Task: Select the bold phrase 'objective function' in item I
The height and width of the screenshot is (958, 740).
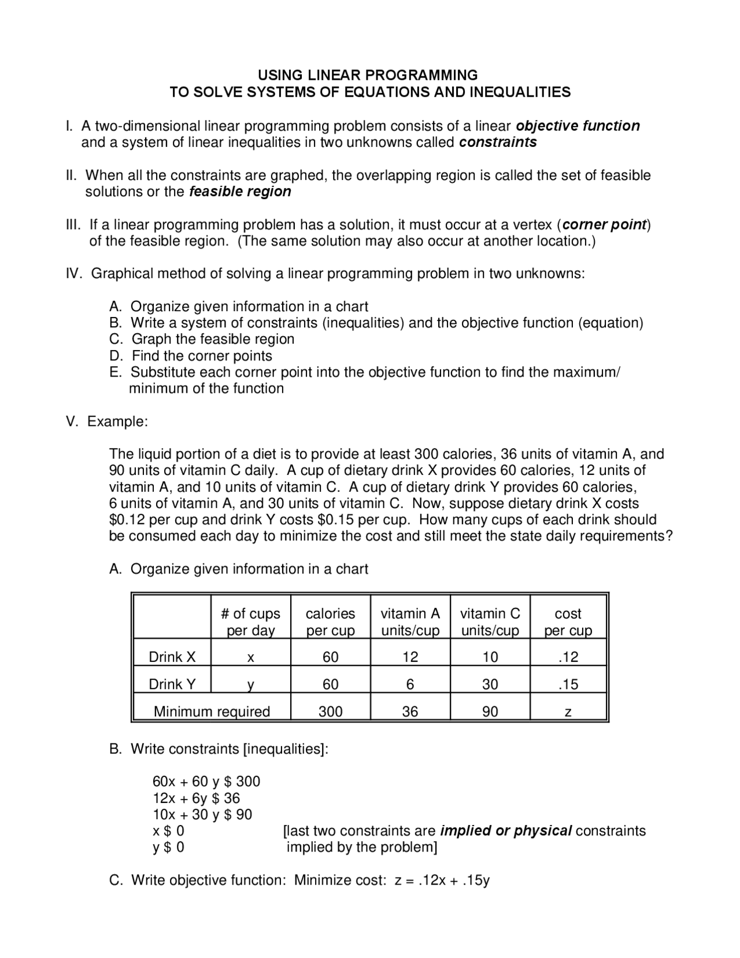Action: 578,126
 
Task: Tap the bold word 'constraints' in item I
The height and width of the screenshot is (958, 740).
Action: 498,142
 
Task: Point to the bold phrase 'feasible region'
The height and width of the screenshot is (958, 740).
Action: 240,191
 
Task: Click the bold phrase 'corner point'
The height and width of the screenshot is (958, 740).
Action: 604,224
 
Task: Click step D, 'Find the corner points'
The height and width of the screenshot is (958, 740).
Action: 202,356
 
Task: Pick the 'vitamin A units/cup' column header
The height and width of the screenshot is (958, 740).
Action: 410,622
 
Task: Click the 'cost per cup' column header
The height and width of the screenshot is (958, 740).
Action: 568,622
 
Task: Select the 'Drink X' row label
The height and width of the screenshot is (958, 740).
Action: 172,657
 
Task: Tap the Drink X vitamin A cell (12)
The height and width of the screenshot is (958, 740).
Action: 410,657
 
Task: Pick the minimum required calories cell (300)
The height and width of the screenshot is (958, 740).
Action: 330,712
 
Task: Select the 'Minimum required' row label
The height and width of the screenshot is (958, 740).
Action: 212,712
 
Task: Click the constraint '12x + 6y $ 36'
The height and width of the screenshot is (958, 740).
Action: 196,798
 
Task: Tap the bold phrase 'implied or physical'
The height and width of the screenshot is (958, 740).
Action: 506,831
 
